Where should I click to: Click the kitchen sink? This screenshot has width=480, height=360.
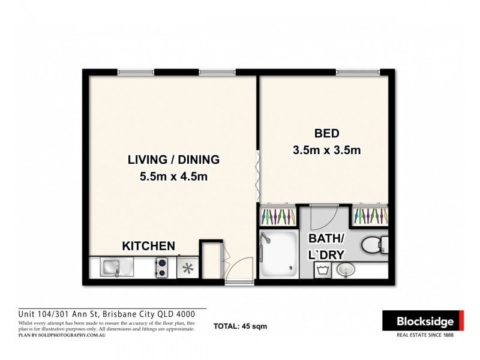click(x=112, y=267)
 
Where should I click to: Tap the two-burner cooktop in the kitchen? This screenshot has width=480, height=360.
click(x=161, y=267)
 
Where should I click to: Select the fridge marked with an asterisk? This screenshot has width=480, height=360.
click(x=187, y=268)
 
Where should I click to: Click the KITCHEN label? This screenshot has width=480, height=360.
click(x=148, y=246)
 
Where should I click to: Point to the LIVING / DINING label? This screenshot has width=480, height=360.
click(x=173, y=160)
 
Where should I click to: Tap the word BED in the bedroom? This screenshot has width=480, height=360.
click(x=326, y=133)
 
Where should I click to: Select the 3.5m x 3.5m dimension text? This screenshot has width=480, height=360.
click(x=326, y=150)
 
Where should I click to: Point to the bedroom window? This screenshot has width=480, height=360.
click(x=358, y=73)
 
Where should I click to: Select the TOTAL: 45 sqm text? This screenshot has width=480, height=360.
click(x=240, y=327)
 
